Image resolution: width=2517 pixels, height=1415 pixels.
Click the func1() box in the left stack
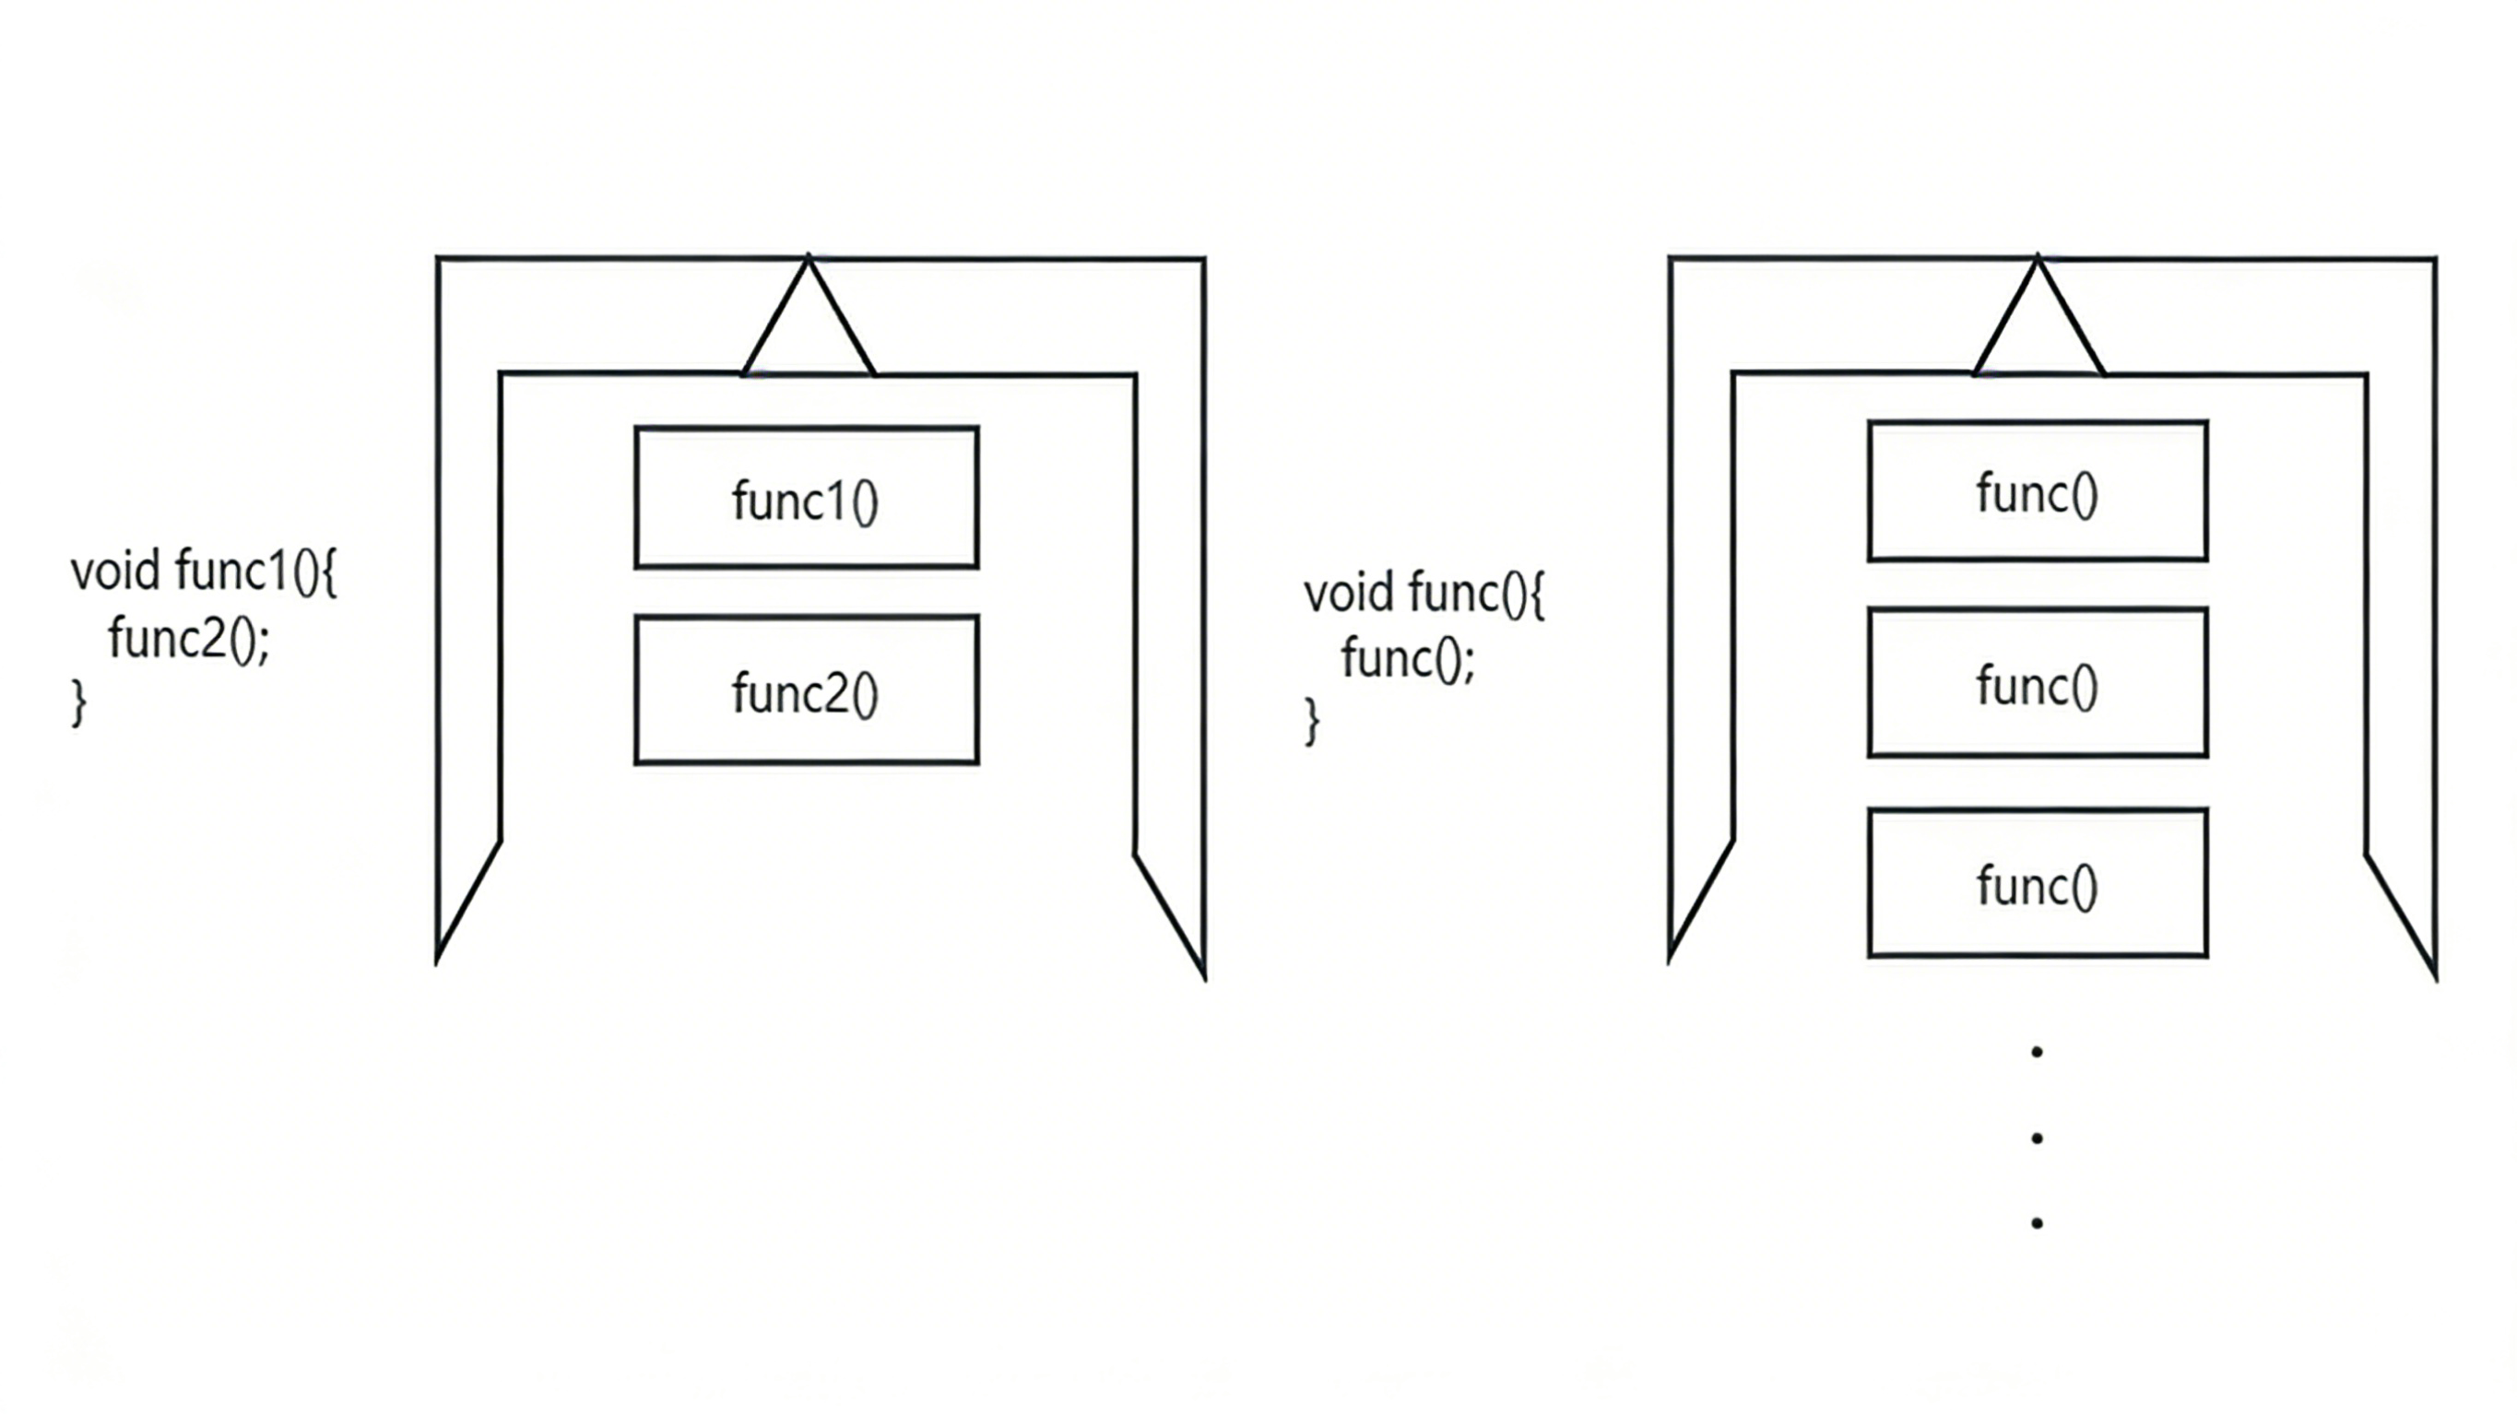pos(806,498)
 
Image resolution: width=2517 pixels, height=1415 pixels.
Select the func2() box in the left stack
pos(806,690)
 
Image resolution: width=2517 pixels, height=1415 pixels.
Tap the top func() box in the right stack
pos(2038,491)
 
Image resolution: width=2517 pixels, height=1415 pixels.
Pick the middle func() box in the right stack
pos(2038,683)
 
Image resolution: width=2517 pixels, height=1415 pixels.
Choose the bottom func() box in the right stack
pos(2038,882)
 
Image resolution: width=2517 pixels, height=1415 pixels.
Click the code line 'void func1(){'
pos(203,571)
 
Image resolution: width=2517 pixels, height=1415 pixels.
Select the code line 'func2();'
pos(189,638)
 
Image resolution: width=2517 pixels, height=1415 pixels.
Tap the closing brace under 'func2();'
pos(79,702)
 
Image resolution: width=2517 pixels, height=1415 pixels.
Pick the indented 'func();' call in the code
pos(1407,657)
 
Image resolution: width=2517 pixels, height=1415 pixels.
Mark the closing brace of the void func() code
pos(1312,721)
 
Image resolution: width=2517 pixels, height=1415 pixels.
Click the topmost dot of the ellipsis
pos(2038,1053)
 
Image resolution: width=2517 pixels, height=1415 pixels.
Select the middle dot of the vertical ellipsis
pos(2038,1138)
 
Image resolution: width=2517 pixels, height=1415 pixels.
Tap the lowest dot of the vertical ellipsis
pos(2038,1223)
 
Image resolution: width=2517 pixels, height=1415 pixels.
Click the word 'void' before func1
pos(115,571)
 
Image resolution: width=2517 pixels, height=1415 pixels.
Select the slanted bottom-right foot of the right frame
pos(2404,914)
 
